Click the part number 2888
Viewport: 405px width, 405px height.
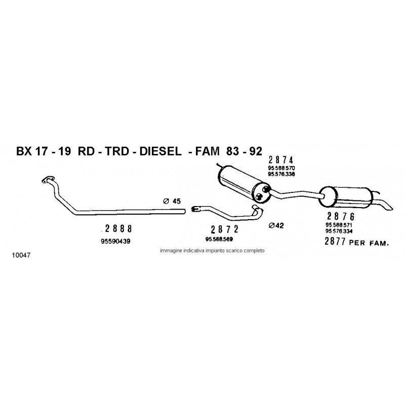point(118,229)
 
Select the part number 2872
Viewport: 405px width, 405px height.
point(224,229)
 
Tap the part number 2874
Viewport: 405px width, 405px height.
point(281,160)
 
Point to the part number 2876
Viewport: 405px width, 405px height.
point(341,216)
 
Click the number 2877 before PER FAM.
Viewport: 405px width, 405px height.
point(335,241)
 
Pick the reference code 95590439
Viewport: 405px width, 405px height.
point(115,241)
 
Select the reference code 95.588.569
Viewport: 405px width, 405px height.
point(219,239)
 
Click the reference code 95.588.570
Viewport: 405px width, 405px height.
point(281,168)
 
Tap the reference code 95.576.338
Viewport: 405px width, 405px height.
point(281,174)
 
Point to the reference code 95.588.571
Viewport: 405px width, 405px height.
point(339,225)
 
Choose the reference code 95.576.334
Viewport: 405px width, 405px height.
point(339,231)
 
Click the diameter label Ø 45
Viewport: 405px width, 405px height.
point(172,201)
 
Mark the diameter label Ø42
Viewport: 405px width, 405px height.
point(276,226)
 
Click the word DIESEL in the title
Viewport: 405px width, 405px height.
point(160,151)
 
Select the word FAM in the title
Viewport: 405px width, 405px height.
point(207,151)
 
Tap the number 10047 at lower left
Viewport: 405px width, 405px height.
point(21,255)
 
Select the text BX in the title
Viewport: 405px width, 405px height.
point(24,151)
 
